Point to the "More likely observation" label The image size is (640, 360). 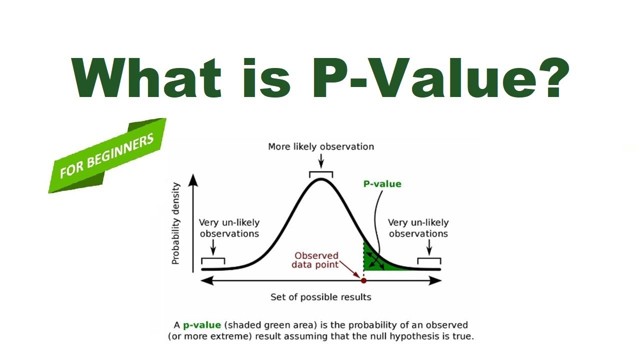321,146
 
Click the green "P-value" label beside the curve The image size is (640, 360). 382,183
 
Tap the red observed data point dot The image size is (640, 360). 363,280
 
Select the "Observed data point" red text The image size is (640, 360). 315,260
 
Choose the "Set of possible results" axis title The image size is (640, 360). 321,297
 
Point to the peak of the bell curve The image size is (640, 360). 321,179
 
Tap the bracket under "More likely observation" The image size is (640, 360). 321,173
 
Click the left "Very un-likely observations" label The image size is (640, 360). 229,228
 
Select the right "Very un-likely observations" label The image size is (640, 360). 418,228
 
